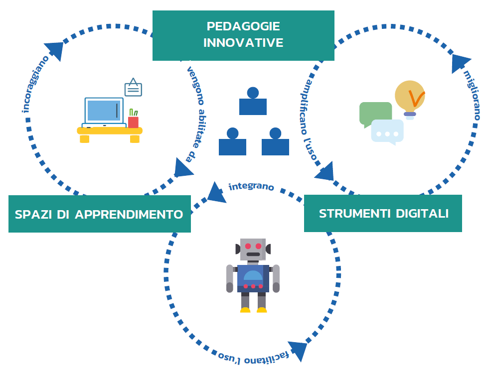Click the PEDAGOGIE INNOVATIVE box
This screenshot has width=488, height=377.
[x=243, y=35]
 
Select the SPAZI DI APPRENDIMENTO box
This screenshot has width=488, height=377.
[x=99, y=214]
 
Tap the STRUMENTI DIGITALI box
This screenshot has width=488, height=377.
[x=383, y=214]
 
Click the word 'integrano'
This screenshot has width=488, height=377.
[x=251, y=187]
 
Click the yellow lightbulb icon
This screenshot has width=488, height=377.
[x=410, y=97]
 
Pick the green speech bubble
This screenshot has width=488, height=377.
[x=375, y=113]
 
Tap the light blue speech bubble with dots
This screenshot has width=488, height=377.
[x=387, y=131]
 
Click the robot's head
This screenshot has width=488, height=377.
[x=253, y=249]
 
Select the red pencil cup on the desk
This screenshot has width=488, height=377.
[x=133, y=122]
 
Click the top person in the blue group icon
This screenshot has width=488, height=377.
[x=253, y=102]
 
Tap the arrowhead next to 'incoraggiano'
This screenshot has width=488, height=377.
[x=55, y=50]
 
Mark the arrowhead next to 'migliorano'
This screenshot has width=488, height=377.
[x=460, y=62]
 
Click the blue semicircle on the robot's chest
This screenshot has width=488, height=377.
[x=253, y=275]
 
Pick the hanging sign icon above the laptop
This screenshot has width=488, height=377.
[x=133, y=88]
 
